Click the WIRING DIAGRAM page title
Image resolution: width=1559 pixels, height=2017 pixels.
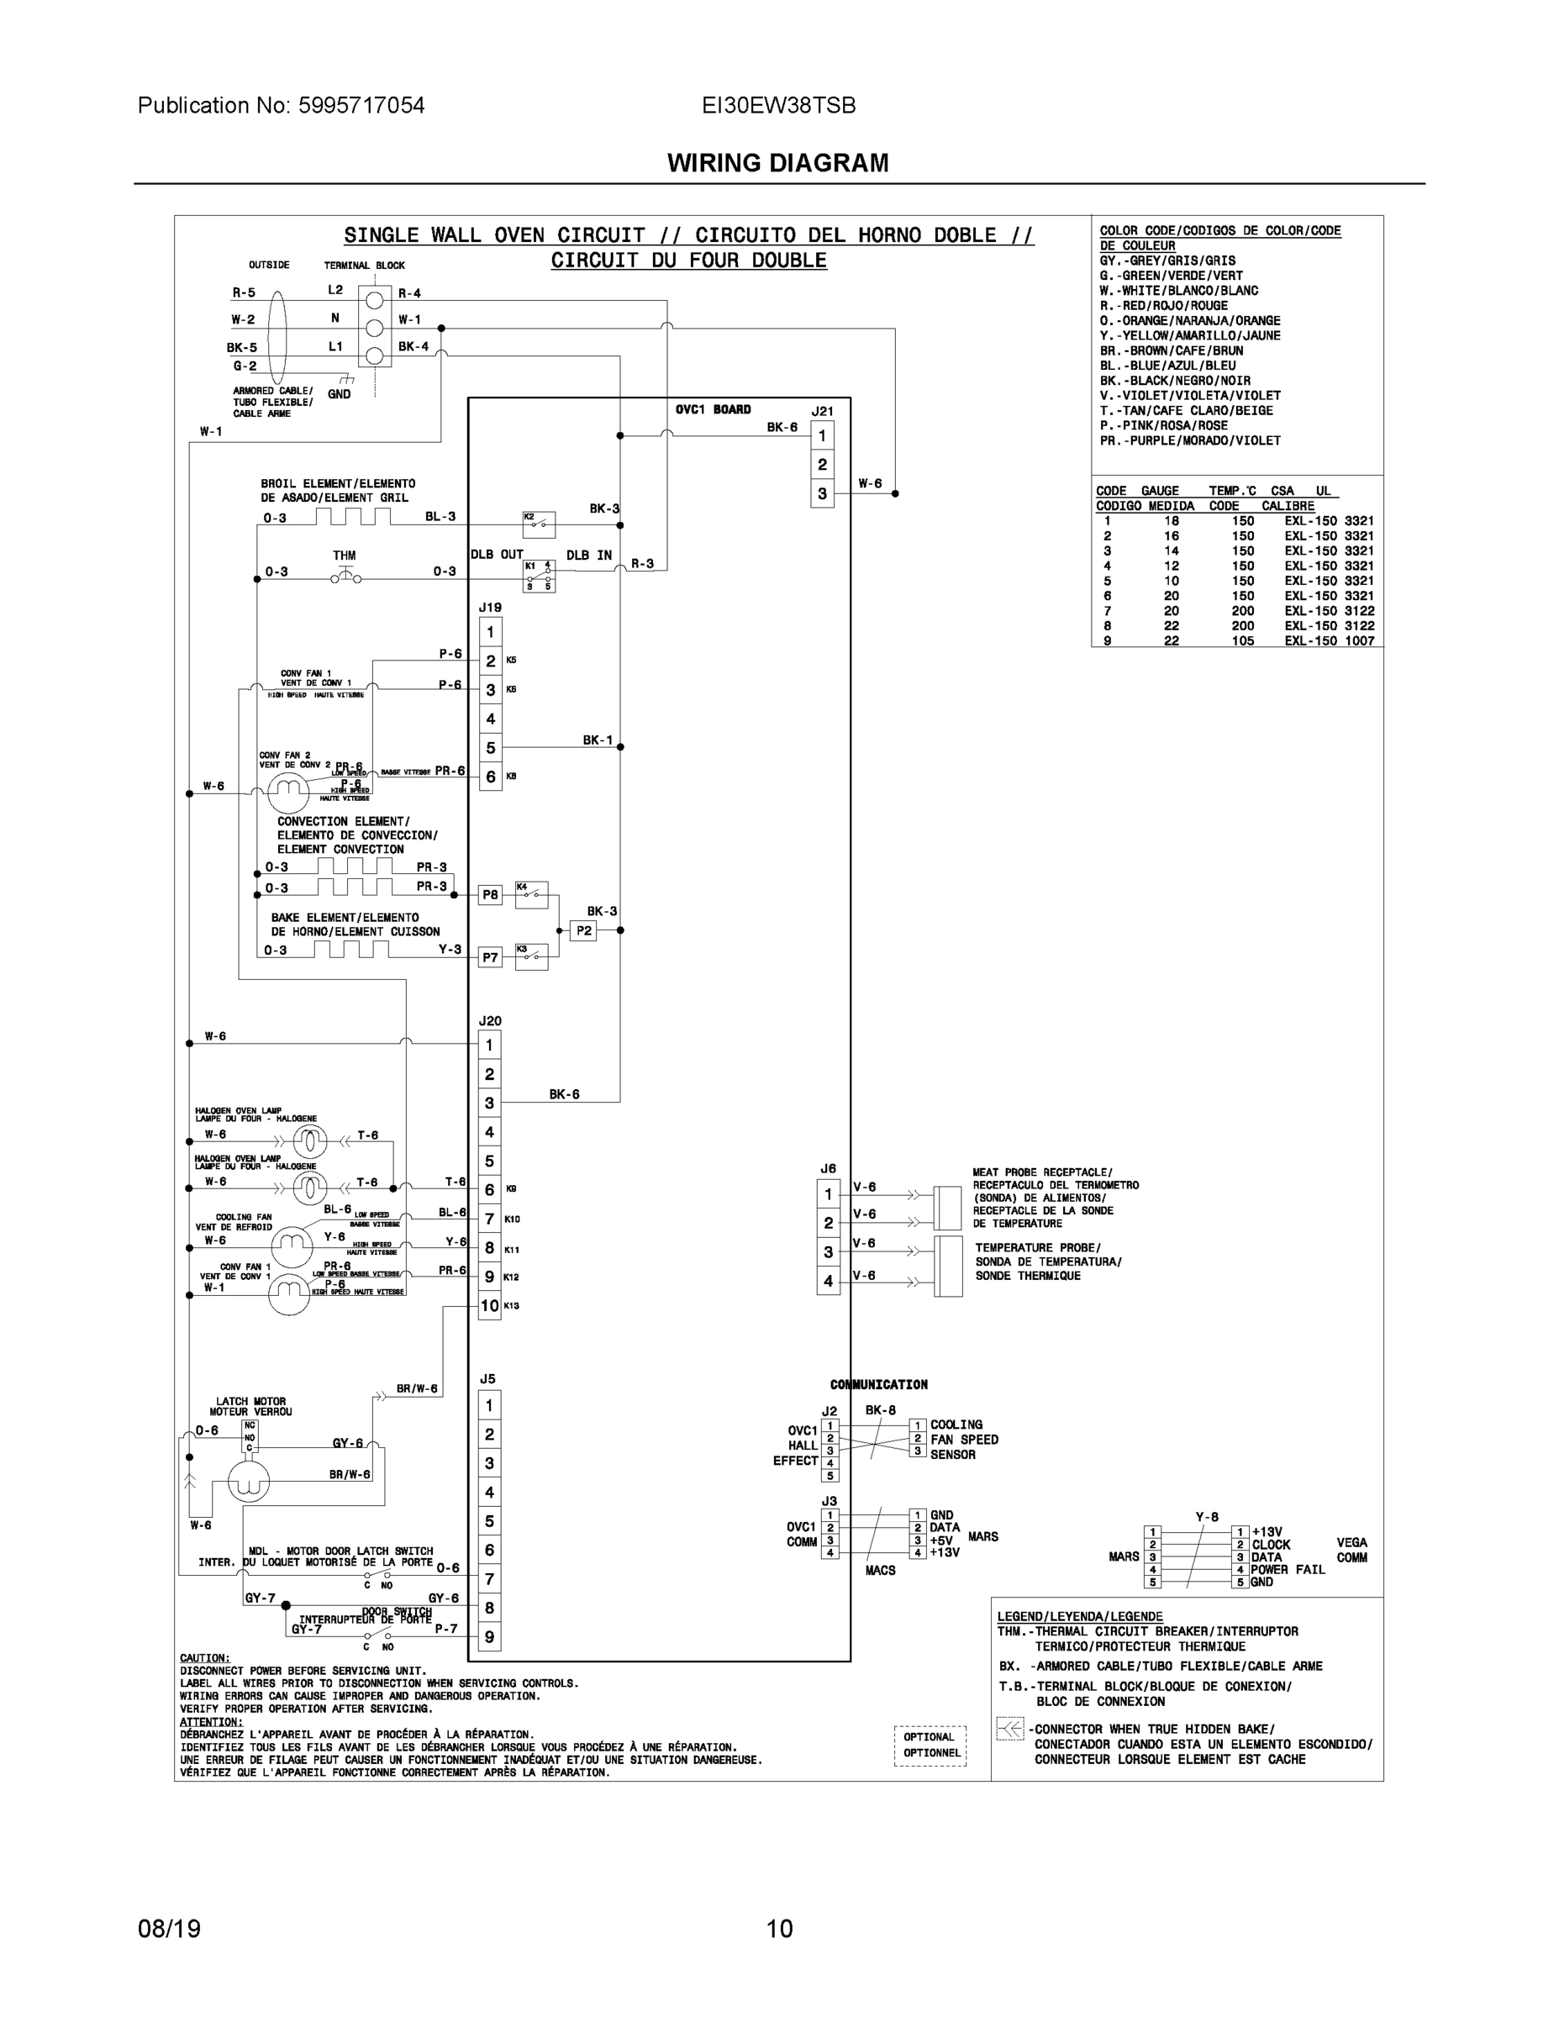click(777, 164)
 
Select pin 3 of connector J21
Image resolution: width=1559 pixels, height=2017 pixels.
click(822, 494)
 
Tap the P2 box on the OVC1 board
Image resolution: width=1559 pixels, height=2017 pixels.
click(584, 931)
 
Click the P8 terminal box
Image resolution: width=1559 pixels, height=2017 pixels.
click(491, 895)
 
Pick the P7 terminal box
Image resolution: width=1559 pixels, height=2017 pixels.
click(491, 958)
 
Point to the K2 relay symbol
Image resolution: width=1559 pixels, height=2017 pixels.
click(540, 524)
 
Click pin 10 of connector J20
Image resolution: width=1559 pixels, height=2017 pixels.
click(489, 1306)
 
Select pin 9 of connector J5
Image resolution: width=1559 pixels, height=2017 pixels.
click(489, 1637)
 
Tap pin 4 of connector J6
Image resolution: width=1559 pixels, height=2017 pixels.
click(829, 1281)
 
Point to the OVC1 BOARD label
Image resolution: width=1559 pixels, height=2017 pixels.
click(713, 409)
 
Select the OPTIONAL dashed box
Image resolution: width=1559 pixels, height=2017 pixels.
click(930, 1746)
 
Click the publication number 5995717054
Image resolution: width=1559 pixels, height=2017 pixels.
click(361, 105)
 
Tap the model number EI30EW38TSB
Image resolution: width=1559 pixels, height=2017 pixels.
click(778, 105)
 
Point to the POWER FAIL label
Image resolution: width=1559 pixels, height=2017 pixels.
click(1288, 1569)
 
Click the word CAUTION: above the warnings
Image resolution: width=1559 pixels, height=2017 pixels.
click(205, 1659)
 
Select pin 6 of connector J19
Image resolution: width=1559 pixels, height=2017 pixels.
click(491, 777)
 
